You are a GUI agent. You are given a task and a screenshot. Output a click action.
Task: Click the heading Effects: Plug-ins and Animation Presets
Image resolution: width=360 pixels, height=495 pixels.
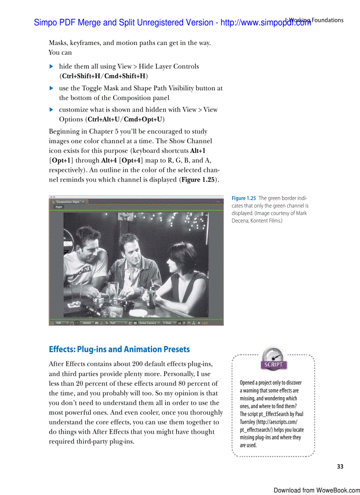pyautogui.click(x=119, y=350)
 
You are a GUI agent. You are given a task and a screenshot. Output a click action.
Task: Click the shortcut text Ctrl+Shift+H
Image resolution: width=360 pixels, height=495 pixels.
pyautogui.click(x=81, y=76)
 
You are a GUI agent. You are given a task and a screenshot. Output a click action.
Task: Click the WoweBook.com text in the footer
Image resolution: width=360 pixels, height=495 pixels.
pyautogui.click(x=338, y=490)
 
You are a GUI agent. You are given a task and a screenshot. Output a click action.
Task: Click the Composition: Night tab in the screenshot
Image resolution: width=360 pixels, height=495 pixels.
pyautogui.click(x=69, y=201)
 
